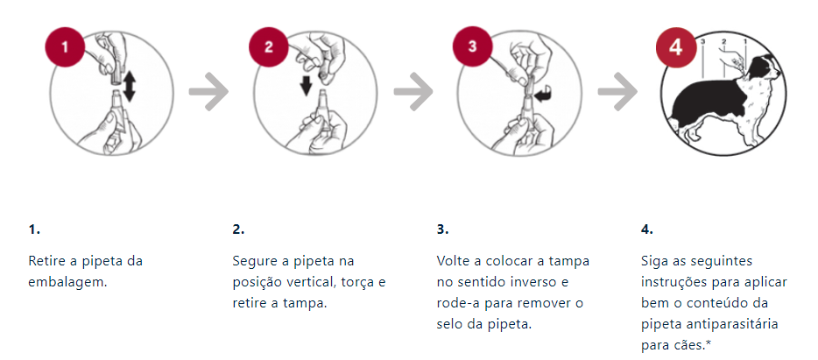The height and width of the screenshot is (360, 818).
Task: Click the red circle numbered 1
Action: [x=65, y=47]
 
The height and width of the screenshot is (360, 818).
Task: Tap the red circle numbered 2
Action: [x=269, y=47]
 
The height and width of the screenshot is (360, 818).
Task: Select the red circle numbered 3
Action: [x=473, y=46]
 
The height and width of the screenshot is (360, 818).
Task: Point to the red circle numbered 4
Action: [x=676, y=47]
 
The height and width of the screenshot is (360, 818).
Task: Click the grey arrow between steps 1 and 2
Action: [x=208, y=92]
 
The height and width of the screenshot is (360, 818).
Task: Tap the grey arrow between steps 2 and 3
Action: [x=413, y=92]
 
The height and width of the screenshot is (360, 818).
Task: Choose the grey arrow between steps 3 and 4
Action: [x=617, y=92]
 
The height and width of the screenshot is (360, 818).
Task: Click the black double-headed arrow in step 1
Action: [x=130, y=86]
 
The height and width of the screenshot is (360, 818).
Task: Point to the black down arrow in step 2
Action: [x=307, y=87]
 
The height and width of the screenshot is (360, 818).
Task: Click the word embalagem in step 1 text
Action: [x=67, y=282]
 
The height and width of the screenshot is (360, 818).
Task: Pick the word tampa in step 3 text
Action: [x=572, y=261]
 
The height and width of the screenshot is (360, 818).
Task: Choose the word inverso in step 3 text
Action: [x=535, y=282]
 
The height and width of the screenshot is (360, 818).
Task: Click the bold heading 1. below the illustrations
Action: [x=34, y=229]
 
